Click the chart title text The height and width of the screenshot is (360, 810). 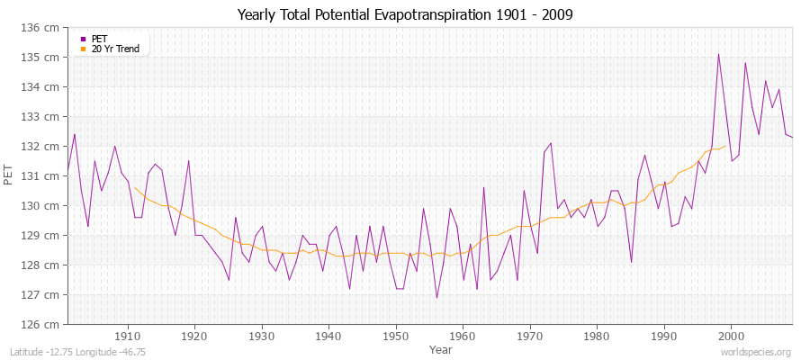click(x=404, y=14)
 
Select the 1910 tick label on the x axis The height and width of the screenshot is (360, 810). click(x=128, y=337)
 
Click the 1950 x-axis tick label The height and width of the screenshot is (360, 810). click(x=396, y=337)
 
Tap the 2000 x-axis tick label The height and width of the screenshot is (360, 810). click(x=731, y=337)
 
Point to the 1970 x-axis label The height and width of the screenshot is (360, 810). click(x=530, y=337)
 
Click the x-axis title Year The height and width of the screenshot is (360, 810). click(x=441, y=349)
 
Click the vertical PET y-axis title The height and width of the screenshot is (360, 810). click(x=10, y=176)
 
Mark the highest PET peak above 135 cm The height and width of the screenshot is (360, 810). click(x=718, y=54)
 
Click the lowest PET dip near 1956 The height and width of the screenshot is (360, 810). click(x=436, y=298)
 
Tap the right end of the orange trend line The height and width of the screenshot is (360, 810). click(x=725, y=146)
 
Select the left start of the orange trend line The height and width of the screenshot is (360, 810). click(x=135, y=187)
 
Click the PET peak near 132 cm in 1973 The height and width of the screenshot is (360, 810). click(x=551, y=143)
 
